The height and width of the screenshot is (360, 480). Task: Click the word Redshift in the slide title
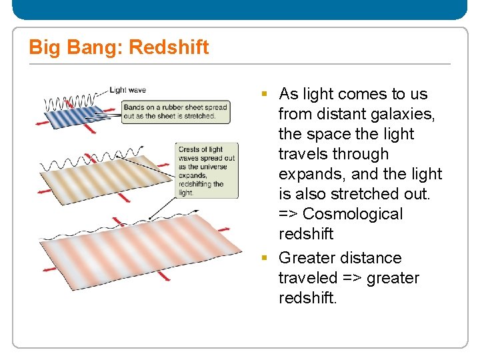click(x=169, y=47)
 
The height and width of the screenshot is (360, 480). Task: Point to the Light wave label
click(x=127, y=90)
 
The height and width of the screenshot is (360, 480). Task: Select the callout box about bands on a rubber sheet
click(x=176, y=111)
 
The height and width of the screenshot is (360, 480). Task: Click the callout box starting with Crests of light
click(x=206, y=171)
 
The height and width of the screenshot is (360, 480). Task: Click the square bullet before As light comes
click(x=265, y=94)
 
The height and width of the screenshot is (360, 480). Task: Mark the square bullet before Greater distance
click(x=265, y=258)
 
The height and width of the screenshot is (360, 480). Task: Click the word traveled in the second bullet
click(x=307, y=278)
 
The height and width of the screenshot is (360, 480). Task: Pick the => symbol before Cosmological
click(x=289, y=214)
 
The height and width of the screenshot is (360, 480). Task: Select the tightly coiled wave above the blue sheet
click(x=66, y=103)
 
